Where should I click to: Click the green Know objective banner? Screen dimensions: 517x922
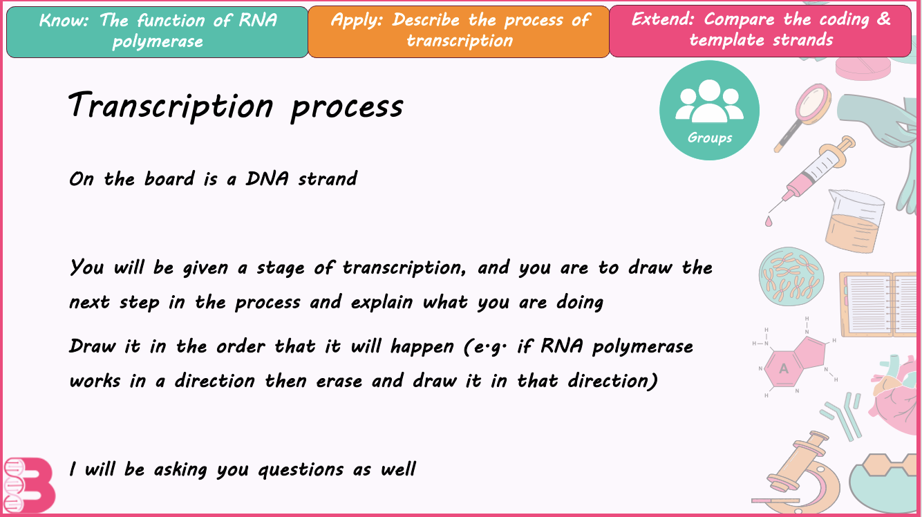157,31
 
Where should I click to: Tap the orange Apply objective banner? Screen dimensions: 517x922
458,31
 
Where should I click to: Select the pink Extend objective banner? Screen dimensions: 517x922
760,30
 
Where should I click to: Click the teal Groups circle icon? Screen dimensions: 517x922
709,111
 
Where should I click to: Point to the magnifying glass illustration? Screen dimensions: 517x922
806,114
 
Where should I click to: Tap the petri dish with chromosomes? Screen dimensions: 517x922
791,277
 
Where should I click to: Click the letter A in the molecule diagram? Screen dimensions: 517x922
784,369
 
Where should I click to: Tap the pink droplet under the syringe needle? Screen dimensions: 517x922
769,221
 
